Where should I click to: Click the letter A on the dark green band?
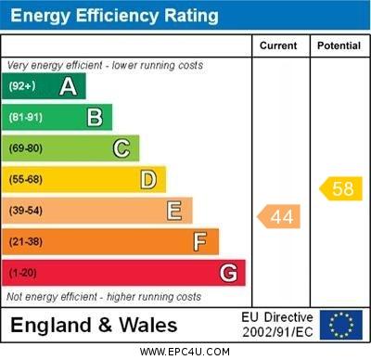[x=68, y=86]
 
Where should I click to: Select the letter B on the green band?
[x=95, y=117]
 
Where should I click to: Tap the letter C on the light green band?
[x=122, y=148]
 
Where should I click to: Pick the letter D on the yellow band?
[x=148, y=179]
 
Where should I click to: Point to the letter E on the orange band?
[x=174, y=211]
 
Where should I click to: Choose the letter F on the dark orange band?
[x=200, y=241]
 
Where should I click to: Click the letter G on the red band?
[x=228, y=273]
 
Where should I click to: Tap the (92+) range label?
[x=22, y=87]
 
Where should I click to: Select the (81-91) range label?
[x=26, y=118]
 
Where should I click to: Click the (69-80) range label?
[x=26, y=148]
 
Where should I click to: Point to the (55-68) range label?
[x=26, y=180]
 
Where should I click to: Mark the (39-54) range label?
[x=26, y=211]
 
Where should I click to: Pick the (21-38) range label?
[x=26, y=242]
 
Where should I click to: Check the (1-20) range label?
[x=23, y=273]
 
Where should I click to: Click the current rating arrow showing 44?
[x=279, y=217]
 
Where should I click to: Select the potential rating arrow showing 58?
[x=340, y=188]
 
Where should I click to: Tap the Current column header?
[x=279, y=45]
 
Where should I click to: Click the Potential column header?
[x=339, y=45]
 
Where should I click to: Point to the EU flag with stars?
[x=340, y=325]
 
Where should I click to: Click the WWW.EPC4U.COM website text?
[x=185, y=352]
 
